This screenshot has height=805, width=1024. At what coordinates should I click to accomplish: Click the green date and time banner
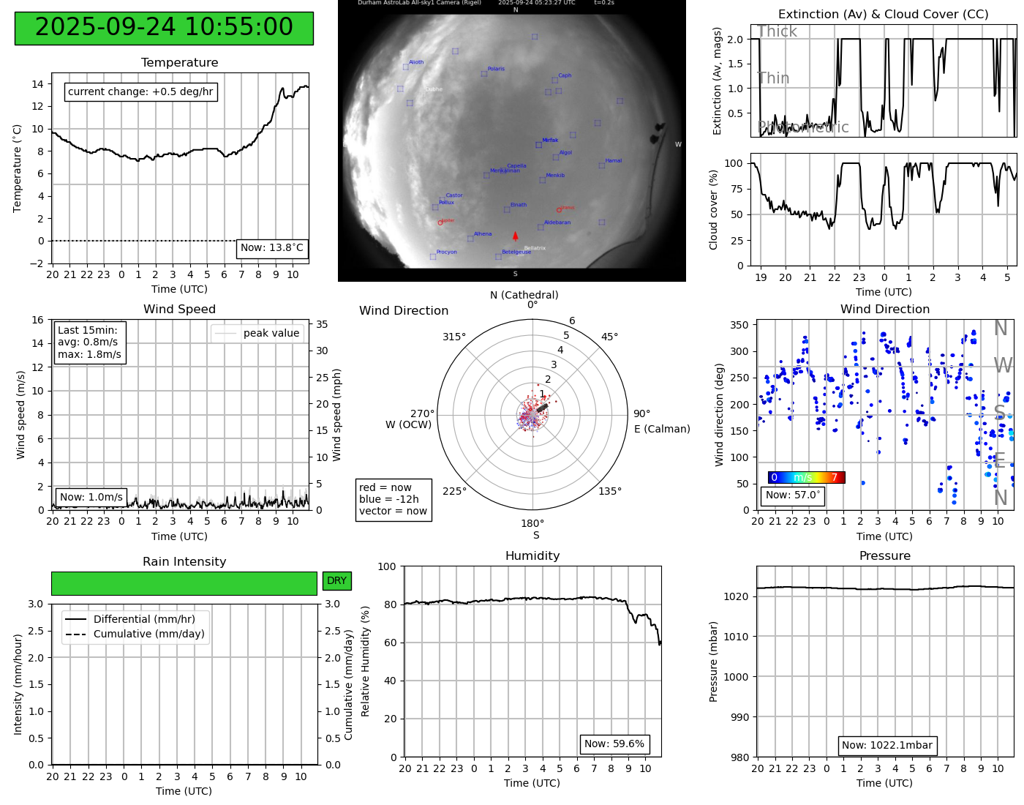164,28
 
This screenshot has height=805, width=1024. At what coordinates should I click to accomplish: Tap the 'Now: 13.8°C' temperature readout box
272,248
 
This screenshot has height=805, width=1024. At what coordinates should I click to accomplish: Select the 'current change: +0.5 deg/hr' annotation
140,92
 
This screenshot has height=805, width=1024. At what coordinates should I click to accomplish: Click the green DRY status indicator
336,581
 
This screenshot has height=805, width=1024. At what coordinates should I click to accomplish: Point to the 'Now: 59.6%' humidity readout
614,744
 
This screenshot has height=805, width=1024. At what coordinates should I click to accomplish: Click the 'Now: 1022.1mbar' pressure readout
886,746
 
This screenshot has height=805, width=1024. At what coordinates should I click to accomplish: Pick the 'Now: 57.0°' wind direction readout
793,495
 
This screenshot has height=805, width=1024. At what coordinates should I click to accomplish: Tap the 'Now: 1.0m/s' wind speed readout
91,498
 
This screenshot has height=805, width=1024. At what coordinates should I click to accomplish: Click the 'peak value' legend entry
257,334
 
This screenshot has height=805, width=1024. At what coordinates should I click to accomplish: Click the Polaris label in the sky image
496,69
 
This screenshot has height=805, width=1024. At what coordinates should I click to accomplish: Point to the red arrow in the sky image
516,236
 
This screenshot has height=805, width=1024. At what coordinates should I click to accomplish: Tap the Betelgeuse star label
516,252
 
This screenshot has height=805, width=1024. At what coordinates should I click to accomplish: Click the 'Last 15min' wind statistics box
89,342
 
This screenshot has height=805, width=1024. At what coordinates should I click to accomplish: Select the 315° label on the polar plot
453,337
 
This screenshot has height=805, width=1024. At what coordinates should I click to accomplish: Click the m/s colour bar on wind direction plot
806,478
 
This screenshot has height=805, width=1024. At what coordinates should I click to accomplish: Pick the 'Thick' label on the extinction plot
777,31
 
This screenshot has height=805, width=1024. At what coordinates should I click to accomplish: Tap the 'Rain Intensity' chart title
184,562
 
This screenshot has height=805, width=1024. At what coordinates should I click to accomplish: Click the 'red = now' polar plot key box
393,500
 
